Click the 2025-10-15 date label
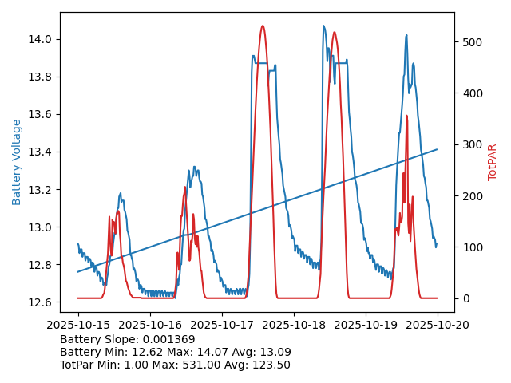point(78,326)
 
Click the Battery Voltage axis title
point(17,162)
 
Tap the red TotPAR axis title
point(493,162)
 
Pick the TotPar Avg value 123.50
point(271,365)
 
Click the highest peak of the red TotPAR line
point(263,26)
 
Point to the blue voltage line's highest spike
point(323,26)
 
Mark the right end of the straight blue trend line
point(437,149)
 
